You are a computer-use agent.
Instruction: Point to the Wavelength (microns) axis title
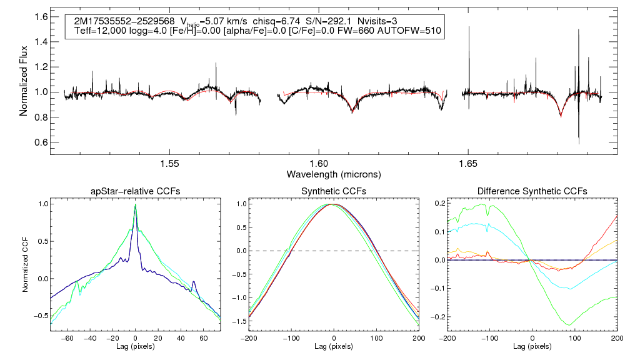pyautogui.click(x=334, y=173)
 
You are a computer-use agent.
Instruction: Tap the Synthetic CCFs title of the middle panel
pyautogui.click(x=333, y=191)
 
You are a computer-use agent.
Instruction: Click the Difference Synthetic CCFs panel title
pyautogui.click(x=532, y=191)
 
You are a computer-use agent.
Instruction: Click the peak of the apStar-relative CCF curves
pyautogui.click(x=136, y=204)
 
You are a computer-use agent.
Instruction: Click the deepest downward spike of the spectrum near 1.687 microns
pyautogui.click(x=579, y=144)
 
